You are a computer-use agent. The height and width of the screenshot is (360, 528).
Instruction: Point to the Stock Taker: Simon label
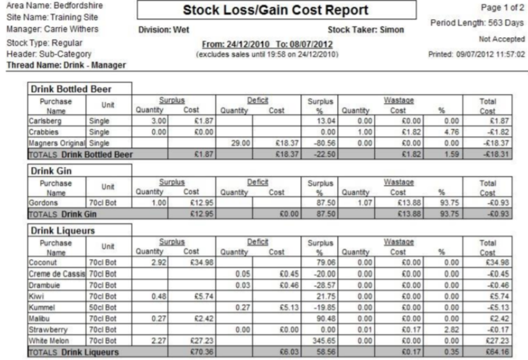[366, 30]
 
